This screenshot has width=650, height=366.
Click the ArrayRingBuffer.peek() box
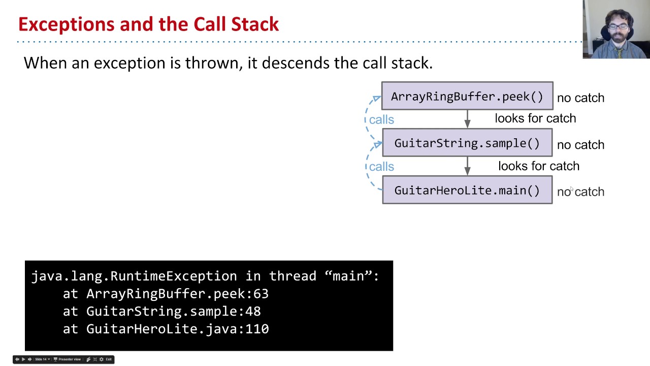[x=467, y=96]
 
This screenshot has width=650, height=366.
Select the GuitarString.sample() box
[x=467, y=143]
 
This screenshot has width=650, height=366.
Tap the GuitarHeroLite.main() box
[x=467, y=190]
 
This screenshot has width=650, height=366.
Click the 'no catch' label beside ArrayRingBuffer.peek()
[x=580, y=98]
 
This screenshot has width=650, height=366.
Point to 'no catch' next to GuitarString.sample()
[x=580, y=145]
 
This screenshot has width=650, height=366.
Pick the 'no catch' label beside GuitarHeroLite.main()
[x=580, y=192]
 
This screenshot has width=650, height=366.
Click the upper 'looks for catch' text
[x=535, y=118]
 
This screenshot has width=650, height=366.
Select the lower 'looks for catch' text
[x=538, y=166]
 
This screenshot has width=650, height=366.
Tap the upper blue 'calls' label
[x=381, y=119]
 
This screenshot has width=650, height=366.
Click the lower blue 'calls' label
[x=381, y=167]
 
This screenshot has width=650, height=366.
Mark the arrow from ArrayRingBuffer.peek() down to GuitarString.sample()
[x=467, y=119]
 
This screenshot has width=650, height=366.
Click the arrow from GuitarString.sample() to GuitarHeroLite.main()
[x=467, y=166]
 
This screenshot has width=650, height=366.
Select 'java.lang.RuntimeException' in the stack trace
[x=134, y=276]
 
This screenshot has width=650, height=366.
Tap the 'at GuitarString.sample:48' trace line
[x=161, y=312]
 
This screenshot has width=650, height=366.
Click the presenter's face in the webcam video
[x=616, y=25]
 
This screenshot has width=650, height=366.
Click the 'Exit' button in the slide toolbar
[x=108, y=359]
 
